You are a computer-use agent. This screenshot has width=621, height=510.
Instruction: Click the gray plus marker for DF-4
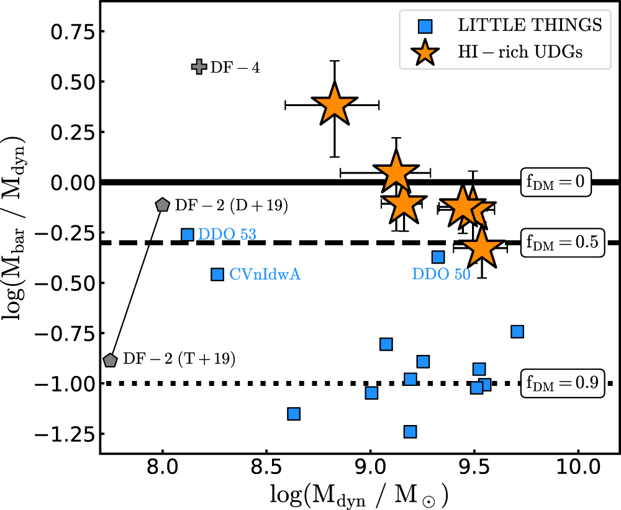(198, 66)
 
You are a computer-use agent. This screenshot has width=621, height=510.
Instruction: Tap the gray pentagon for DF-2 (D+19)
(162, 204)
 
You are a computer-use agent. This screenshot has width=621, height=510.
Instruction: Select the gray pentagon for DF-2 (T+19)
(111, 359)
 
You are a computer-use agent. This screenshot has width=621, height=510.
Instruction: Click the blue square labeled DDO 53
(187, 234)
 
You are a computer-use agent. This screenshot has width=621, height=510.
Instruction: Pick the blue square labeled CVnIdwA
(217, 274)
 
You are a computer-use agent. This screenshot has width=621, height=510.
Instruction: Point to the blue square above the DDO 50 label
(438, 257)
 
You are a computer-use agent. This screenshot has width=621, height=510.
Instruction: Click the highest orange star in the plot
(334, 105)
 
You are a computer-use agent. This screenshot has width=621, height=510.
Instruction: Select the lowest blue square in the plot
(410, 431)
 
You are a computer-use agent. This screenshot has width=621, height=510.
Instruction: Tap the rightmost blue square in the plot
(517, 331)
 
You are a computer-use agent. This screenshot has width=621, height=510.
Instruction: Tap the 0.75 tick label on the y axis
(72, 31)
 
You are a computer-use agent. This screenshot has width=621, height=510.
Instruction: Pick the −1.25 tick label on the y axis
(67, 434)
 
